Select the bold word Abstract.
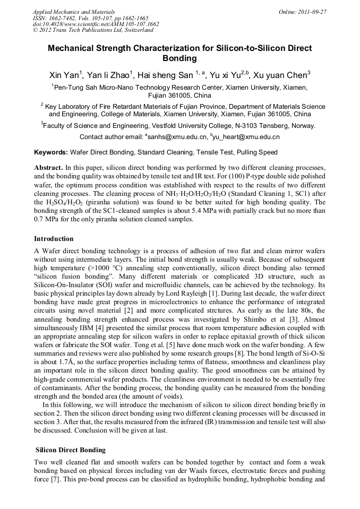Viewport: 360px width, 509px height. pos(49,167)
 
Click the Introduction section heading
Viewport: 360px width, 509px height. pos(54,238)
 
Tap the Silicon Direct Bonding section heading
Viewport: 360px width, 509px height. pos(70,450)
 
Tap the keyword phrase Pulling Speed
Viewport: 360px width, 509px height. pos(258,152)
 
